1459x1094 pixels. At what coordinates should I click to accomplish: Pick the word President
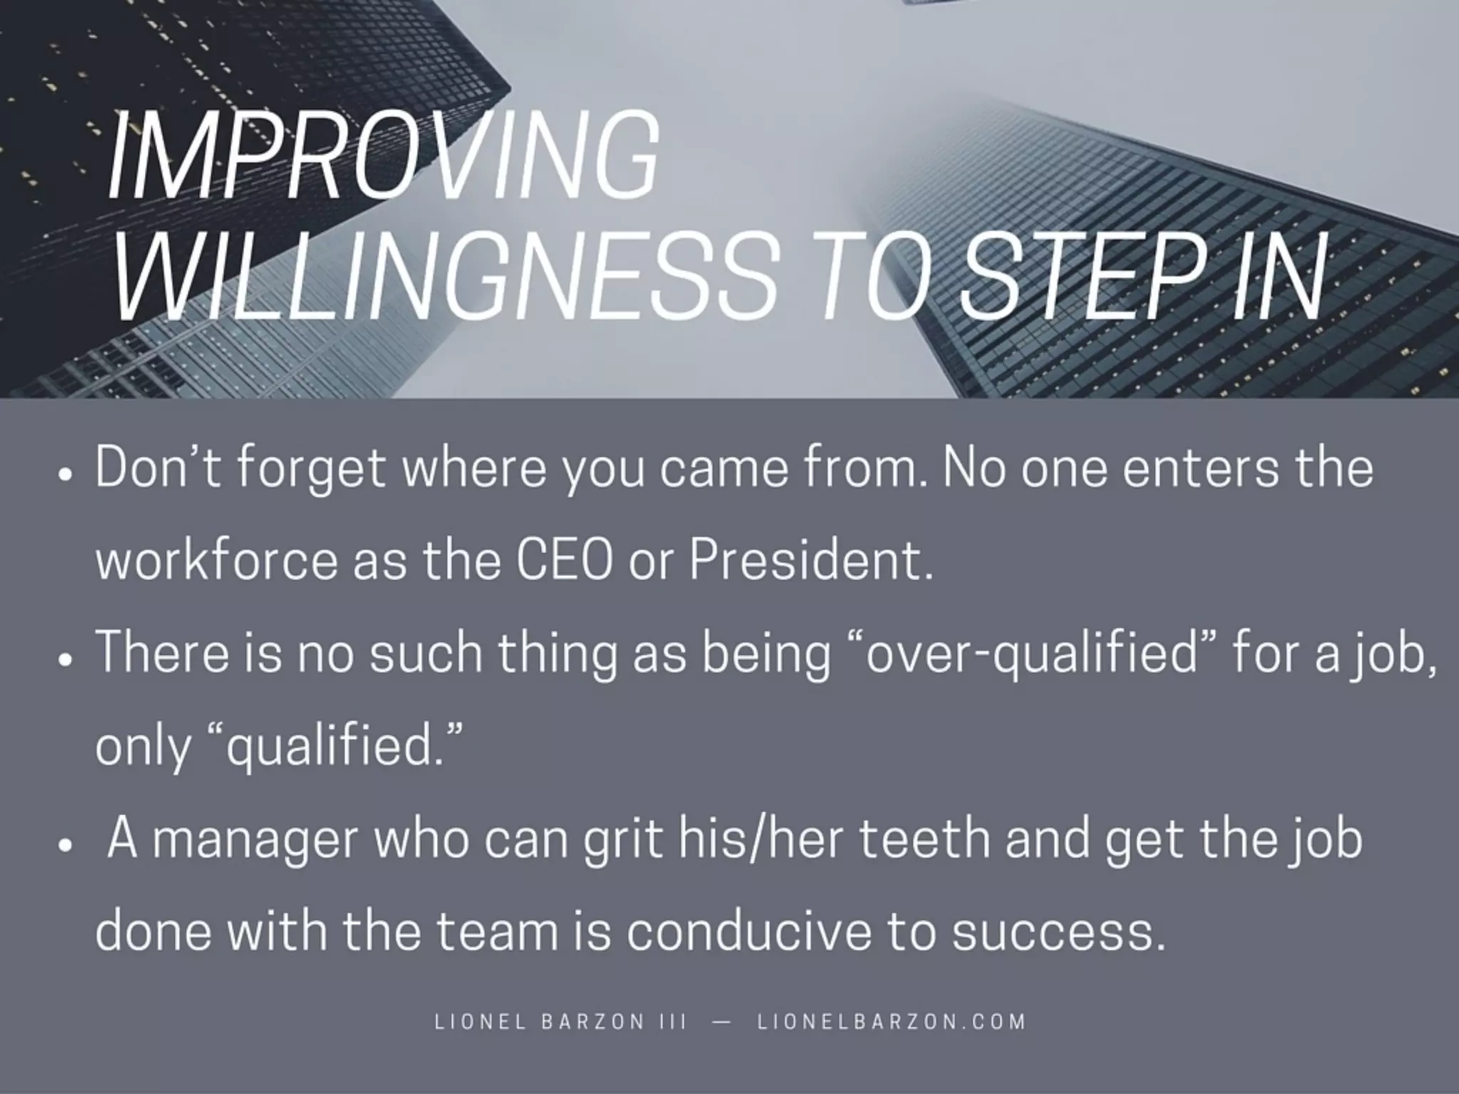[x=811, y=561]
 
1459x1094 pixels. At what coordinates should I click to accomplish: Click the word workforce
[x=217, y=561]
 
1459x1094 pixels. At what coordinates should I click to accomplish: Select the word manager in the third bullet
[x=254, y=840]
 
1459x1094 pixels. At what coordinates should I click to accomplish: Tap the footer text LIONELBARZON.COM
[x=891, y=1021]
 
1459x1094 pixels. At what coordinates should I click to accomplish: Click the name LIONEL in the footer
[x=480, y=1021]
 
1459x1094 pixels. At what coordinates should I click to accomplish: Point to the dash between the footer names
[x=721, y=1021]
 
